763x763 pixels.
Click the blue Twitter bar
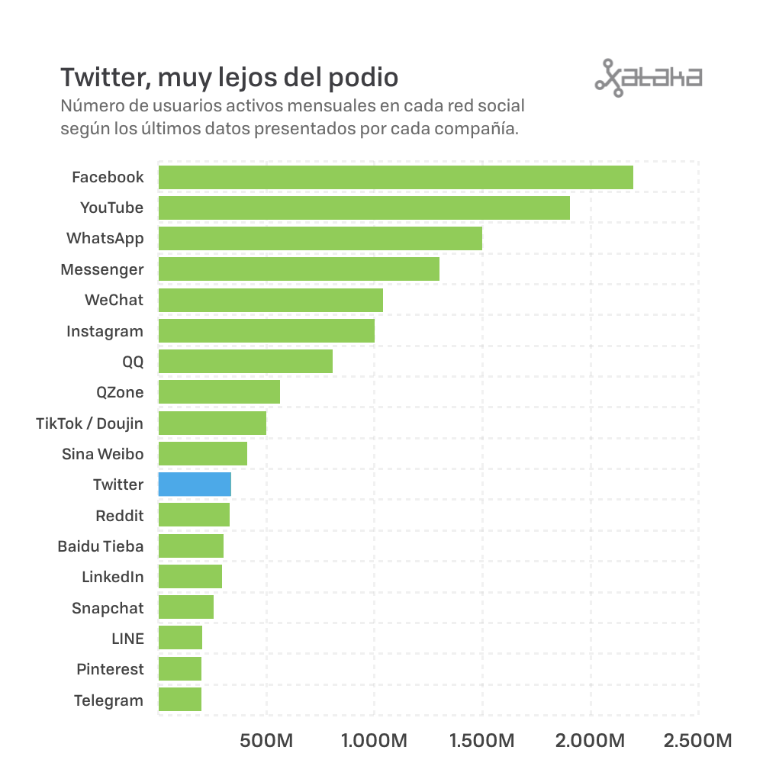(195, 485)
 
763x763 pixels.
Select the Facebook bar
(395, 177)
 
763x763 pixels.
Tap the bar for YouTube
(364, 208)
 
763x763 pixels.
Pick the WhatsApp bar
(320, 238)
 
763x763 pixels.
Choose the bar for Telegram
(180, 699)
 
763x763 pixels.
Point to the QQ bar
(246, 361)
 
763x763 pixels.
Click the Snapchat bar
(186, 607)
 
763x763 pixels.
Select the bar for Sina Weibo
(203, 453)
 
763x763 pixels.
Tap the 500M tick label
(266, 741)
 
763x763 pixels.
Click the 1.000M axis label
(374, 741)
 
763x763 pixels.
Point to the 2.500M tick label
(698, 741)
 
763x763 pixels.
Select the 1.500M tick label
(481, 741)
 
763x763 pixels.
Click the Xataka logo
(649, 78)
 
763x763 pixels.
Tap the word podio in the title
(363, 78)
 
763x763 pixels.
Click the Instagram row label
(105, 331)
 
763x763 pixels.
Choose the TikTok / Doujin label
(89, 423)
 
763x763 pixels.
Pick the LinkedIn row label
(113, 577)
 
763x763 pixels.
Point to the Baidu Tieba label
(101, 546)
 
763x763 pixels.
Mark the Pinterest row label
(111, 669)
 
